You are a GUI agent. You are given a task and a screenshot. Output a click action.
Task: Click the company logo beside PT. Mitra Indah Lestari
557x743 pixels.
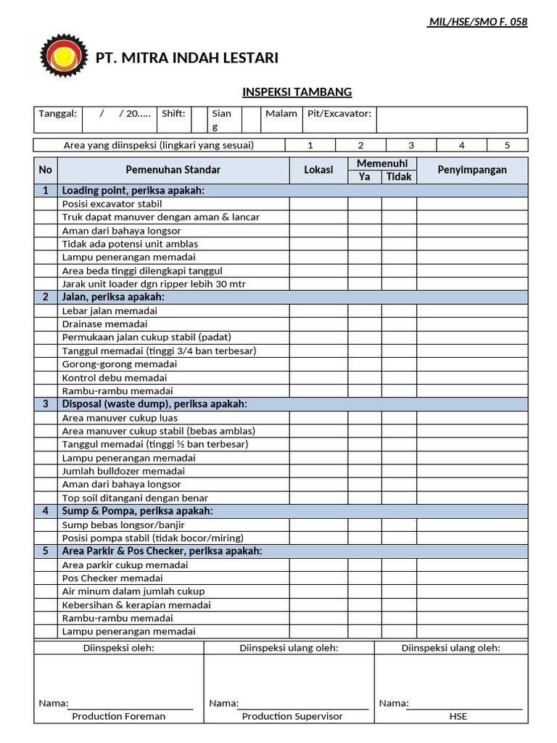click(64, 58)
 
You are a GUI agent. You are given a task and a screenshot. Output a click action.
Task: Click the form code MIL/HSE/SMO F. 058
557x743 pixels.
click(478, 22)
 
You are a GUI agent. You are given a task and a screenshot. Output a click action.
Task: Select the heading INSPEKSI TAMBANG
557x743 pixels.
click(297, 92)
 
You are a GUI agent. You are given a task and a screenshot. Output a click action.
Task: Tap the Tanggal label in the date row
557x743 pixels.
click(57, 114)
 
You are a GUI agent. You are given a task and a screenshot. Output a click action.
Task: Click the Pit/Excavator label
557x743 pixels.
click(339, 114)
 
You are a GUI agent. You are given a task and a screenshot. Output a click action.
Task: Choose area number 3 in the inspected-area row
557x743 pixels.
click(410, 145)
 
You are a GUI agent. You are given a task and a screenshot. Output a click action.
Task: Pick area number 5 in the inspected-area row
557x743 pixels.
click(507, 145)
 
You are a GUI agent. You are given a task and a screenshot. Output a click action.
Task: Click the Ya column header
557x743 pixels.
click(364, 176)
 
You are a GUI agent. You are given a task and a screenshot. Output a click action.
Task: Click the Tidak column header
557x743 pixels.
click(399, 176)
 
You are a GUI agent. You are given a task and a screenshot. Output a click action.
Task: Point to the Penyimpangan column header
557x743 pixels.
click(472, 170)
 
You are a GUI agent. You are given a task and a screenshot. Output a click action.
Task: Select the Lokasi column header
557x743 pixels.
click(318, 170)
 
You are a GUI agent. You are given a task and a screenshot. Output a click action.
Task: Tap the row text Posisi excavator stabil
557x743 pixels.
click(112, 204)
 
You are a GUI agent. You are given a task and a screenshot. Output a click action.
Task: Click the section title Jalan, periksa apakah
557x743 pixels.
click(113, 297)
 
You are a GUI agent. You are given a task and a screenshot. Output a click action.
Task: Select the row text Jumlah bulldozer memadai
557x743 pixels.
click(124, 471)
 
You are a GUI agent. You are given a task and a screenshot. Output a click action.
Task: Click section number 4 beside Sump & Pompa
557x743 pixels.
click(46, 511)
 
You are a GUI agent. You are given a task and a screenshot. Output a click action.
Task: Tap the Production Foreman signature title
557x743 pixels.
click(119, 716)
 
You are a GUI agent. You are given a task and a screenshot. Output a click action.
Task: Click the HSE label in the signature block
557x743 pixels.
click(458, 716)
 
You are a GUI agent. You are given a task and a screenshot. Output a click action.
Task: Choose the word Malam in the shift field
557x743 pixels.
click(281, 114)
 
